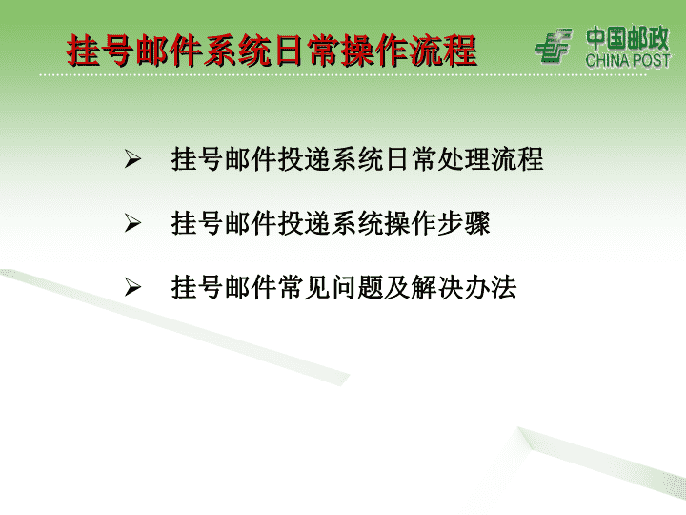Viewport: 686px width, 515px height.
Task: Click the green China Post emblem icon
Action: click(554, 45)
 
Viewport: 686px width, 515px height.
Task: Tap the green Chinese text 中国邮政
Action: click(627, 38)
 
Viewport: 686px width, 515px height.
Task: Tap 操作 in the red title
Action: click(374, 51)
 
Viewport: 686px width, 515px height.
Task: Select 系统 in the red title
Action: click(237, 51)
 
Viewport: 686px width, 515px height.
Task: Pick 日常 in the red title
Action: click(306, 51)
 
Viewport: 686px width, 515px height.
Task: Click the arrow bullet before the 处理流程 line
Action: click(132, 159)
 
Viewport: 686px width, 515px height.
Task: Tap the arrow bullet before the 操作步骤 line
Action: click(132, 223)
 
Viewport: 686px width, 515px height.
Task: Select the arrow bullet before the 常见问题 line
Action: click(132, 288)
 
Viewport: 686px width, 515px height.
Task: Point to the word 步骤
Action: click(464, 223)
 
